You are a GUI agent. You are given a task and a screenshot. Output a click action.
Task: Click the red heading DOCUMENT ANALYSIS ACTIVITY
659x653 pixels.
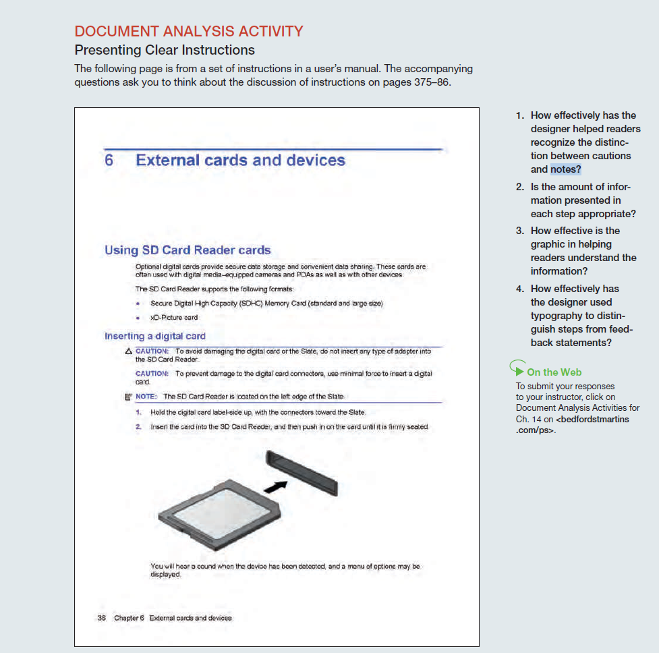pyautogui.click(x=189, y=31)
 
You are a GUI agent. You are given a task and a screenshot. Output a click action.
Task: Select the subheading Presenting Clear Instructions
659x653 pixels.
pyautogui.click(x=165, y=50)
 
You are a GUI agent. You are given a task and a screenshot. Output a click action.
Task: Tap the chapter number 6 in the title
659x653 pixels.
pyautogui.click(x=109, y=161)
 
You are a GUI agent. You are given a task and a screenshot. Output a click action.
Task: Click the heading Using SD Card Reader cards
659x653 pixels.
pyautogui.click(x=188, y=250)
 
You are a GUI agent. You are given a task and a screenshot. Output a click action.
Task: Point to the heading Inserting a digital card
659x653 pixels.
pyautogui.click(x=155, y=336)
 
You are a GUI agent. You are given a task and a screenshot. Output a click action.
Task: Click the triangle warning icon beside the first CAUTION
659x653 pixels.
pyautogui.click(x=128, y=351)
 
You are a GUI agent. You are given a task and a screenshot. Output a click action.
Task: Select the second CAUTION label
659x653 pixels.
pyautogui.click(x=152, y=374)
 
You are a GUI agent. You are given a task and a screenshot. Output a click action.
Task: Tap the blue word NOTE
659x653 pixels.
pyautogui.click(x=146, y=397)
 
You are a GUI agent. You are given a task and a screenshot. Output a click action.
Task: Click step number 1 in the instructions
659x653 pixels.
pyautogui.click(x=138, y=412)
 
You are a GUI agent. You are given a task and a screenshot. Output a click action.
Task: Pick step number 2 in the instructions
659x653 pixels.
pyautogui.click(x=138, y=427)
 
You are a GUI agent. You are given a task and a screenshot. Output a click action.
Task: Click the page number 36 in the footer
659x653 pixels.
pyautogui.click(x=102, y=618)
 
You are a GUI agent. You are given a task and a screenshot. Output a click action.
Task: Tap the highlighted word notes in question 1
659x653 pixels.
pyautogui.click(x=565, y=169)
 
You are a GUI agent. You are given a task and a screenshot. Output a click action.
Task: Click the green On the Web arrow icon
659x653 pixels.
pyautogui.click(x=517, y=369)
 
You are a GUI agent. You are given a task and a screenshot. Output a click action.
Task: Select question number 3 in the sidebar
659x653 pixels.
pyautogui.click(x=520, y=231)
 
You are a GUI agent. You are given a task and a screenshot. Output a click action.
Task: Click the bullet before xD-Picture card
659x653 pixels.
pyautogui.click(x=138, y=318)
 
